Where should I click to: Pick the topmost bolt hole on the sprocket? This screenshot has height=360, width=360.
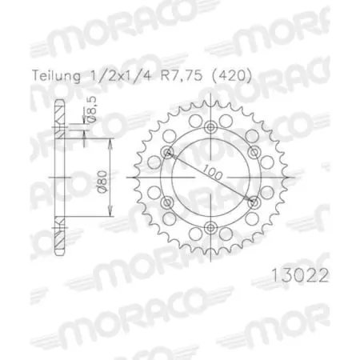[x=210, y=129]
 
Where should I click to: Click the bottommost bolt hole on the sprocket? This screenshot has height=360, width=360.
[x=210, y=228]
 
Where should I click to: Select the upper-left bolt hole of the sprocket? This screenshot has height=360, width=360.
[x=167, y=154]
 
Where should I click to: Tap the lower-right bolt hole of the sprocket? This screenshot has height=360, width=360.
[x=253, y=203]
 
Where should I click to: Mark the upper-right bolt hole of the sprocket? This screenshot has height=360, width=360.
[x=253, y=154]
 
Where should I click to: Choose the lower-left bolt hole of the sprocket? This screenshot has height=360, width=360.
[x=167, y=203]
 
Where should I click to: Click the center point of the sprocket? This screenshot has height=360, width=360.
[x=210, y=178]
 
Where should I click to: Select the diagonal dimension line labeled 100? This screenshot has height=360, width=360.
[x=192, y=168]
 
